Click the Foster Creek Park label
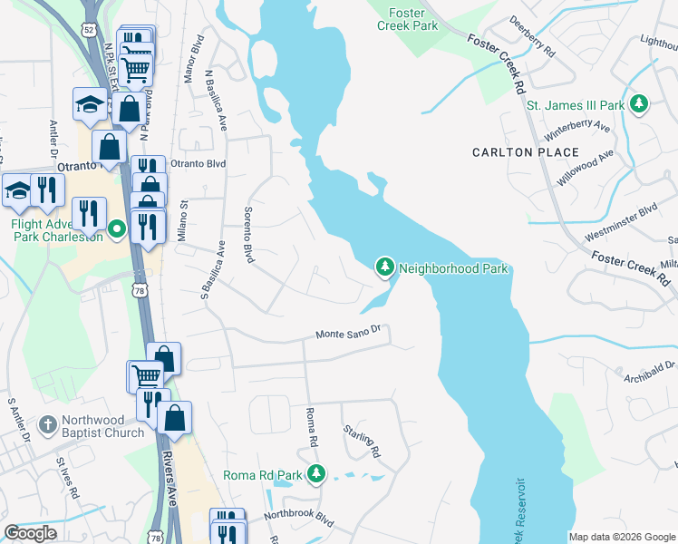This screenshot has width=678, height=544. click(408, 19)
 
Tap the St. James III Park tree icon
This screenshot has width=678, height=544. click(640, 104)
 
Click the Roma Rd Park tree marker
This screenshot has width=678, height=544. click(316, 474)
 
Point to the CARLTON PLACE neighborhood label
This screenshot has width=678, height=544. click(527, 152)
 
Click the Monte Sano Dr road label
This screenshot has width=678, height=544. click(352, 335)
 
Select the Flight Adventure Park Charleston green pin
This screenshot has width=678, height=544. click(116, 229)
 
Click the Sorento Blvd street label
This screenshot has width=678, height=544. click(247, 234)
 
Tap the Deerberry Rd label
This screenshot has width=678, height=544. click(532, 36)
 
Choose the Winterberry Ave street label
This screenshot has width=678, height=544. click(576, 128)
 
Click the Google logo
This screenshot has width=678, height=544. click(30, 533)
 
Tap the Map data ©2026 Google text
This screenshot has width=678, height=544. click(622, 537)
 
